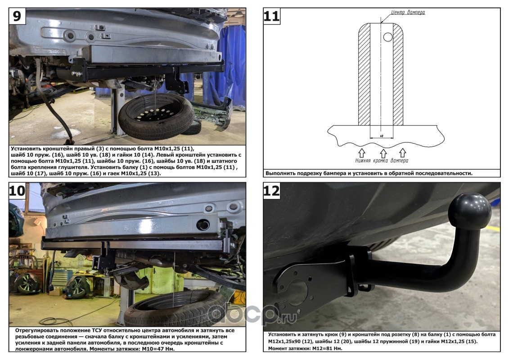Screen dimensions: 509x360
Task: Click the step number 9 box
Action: point(17,16)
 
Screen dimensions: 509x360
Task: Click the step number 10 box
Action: point(17,190)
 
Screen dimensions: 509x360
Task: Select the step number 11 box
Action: point(271,16)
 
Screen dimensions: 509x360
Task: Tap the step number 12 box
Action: point(271,190)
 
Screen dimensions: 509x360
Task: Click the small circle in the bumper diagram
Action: point(387,37)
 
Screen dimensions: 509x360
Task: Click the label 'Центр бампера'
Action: point(408,12)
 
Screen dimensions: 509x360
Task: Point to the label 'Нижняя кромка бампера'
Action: point(382,160)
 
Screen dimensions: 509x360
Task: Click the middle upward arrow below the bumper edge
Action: point(383,153)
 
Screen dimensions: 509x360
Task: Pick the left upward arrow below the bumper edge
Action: point(362,153)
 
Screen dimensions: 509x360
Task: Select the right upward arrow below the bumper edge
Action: point(402,153)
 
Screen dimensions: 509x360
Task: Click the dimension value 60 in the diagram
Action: point(382,136)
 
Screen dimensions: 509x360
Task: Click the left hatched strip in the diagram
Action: point(364,75)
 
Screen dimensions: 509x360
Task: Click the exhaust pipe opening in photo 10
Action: point(203,224)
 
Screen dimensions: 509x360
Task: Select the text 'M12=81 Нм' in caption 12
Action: point(327,348)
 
